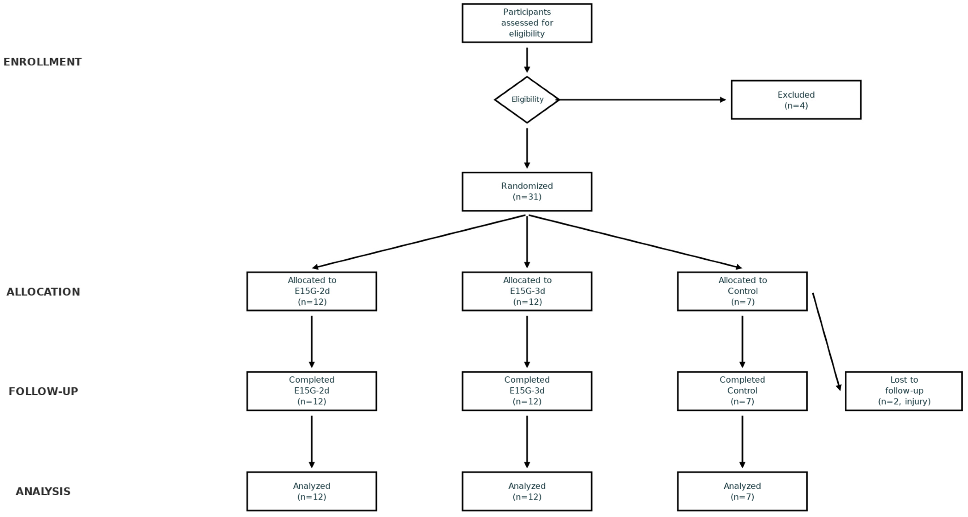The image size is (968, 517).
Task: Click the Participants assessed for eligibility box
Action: [527, 23]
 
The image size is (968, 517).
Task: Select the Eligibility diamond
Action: [527, 100]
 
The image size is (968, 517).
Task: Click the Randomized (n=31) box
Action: [527, 191]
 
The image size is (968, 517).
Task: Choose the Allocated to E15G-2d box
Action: [312, 291]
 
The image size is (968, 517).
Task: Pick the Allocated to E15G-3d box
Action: [527, 291]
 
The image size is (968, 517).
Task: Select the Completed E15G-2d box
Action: [312, 391]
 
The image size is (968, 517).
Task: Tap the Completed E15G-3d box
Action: [527, 391]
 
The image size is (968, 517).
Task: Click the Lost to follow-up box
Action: [903, 391]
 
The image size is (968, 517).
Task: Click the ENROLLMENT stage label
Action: [42, 62]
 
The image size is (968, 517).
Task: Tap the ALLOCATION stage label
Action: [43, 292]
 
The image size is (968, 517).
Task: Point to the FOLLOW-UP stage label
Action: [43, 391]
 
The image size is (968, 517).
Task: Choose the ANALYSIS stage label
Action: [43, 491]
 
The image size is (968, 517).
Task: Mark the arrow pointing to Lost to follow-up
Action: [826, 342]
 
